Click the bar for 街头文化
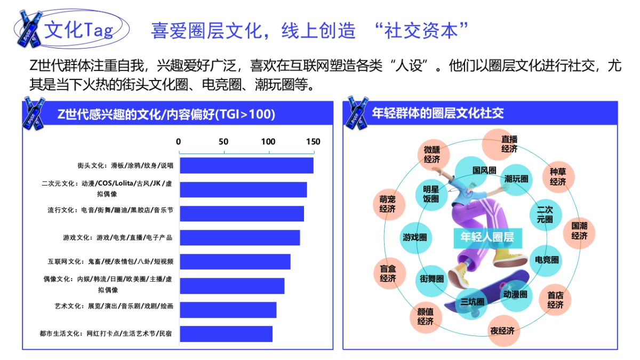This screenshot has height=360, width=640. [x=246, y=165]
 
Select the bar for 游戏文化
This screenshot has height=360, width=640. [x=239, y=237]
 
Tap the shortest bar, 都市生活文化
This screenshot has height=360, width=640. [x=226, y=334]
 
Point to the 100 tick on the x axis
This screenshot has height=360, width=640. [x=268, y=142]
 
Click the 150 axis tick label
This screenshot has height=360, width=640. [x=313, y=142]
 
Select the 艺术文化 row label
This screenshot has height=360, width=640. [x=114, y=307]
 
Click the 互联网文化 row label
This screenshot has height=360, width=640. [x=110, y=262]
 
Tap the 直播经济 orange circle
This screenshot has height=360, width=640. [x=509, y=144]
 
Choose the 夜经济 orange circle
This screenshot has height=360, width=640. [x=502, y=331]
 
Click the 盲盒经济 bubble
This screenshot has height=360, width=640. [x=388, y=274]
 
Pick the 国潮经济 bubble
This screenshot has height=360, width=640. [x=579, y=231]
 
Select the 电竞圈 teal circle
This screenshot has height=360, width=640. [x=547, y=260]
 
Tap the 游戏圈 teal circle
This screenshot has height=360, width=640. [x=415, y=237]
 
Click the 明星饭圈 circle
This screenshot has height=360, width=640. [x=431, y=194]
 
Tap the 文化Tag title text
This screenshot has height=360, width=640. [x=78, y=30]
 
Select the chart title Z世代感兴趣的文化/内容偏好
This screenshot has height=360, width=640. [x=166, y=114]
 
